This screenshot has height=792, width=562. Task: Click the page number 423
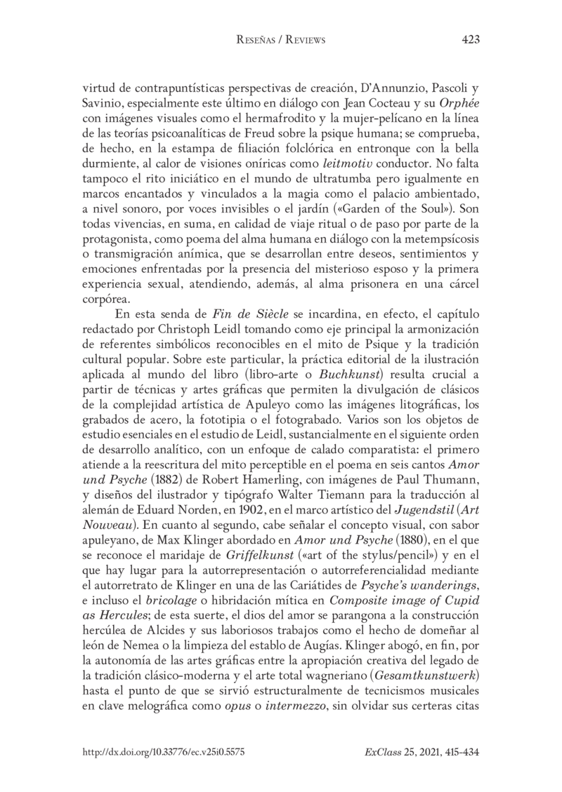470,41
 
